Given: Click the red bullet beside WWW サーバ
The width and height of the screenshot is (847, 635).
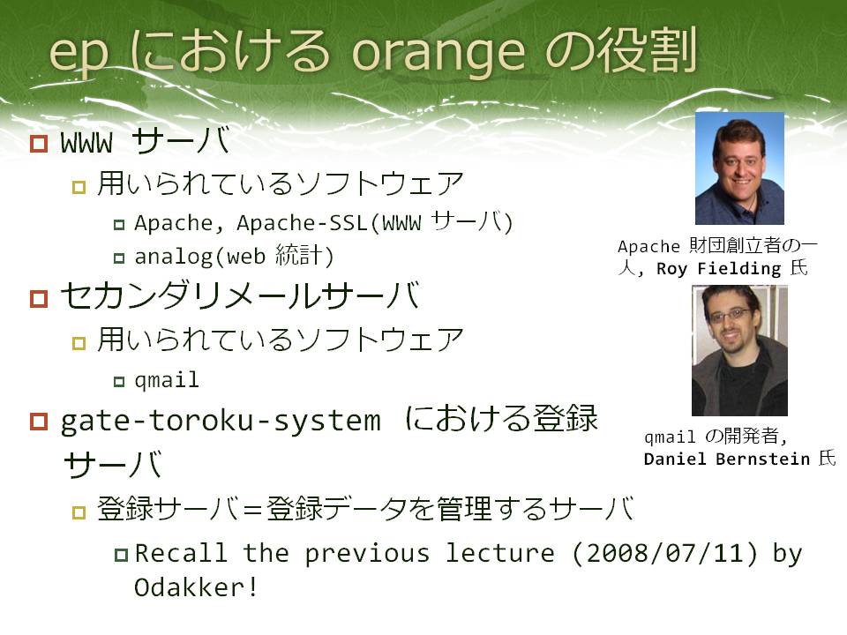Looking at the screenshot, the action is click(39, 143).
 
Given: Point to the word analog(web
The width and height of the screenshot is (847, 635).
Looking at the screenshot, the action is click(200, 257).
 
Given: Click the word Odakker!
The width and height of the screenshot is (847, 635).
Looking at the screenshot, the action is click(195, 587).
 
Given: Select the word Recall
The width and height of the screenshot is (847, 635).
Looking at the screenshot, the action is click(180, 553).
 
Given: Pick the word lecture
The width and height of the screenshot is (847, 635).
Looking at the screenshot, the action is click(499, 553).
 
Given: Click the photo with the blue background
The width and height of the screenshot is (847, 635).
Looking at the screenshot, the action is click(739, 168).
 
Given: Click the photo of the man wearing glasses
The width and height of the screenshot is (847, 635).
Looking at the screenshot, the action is click(739, 350).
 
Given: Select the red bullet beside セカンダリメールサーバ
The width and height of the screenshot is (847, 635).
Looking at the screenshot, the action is click(39, 298).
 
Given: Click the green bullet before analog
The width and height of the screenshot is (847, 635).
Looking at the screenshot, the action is click(119, 258).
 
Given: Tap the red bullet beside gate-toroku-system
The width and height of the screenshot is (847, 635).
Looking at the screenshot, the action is click(39, 422).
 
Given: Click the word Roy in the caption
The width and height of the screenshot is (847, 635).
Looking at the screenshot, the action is click(671, 269).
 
